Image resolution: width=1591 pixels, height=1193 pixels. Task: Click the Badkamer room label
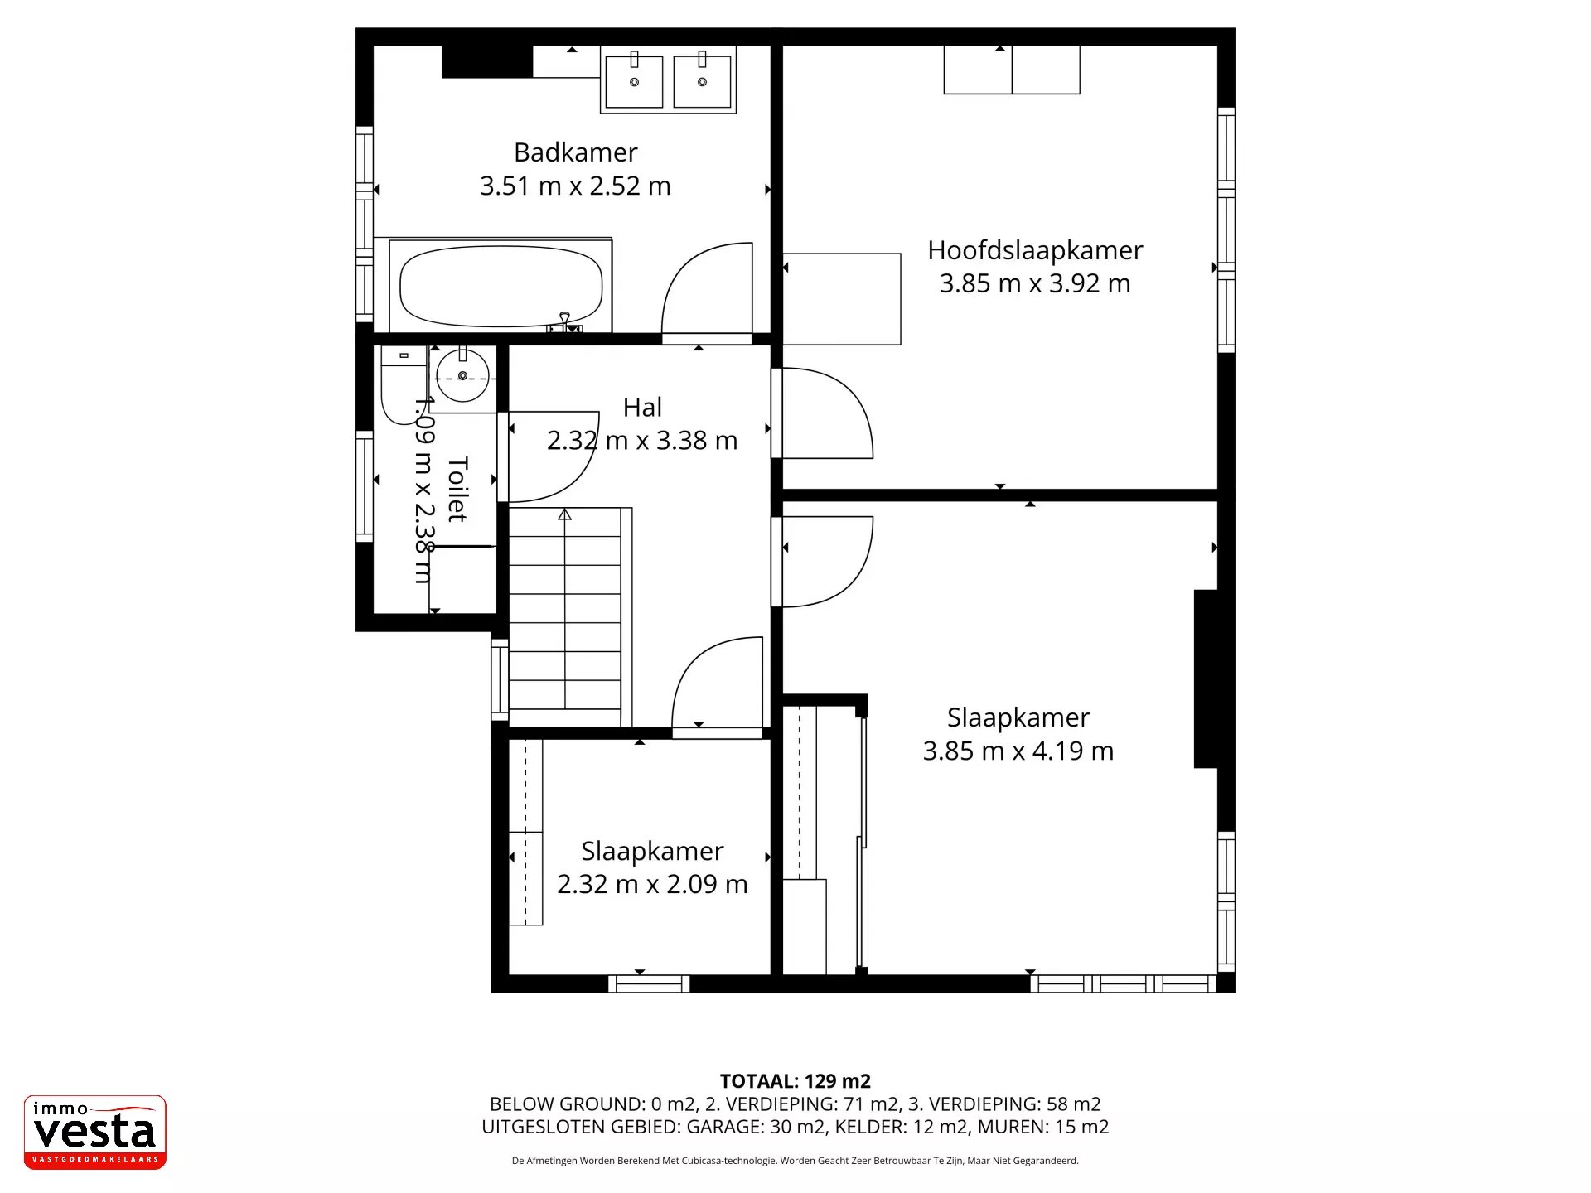click(575, 152)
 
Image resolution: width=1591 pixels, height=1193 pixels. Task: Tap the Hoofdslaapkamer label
click(1035, 250)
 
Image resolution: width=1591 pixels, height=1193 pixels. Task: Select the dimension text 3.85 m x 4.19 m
click(1018, 751)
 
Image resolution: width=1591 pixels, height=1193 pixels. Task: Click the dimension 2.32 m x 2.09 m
click(652, 884)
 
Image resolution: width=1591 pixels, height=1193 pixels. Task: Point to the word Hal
click(642, 408)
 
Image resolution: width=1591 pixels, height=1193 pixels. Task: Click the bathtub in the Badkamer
click(501, 287)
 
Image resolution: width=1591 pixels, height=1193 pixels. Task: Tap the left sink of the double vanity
click(634, 81)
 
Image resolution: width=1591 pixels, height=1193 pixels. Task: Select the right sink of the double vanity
click(702, 81)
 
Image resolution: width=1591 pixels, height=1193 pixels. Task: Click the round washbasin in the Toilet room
click(462, 376)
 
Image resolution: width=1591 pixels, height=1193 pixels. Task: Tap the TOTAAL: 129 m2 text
click(795, 1081)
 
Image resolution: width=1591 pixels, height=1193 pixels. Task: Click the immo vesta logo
click(95, 1133)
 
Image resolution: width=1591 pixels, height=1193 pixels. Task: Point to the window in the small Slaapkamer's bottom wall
click(649, 984)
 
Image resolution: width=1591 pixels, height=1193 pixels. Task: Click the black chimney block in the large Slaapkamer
click(1206, 679)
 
